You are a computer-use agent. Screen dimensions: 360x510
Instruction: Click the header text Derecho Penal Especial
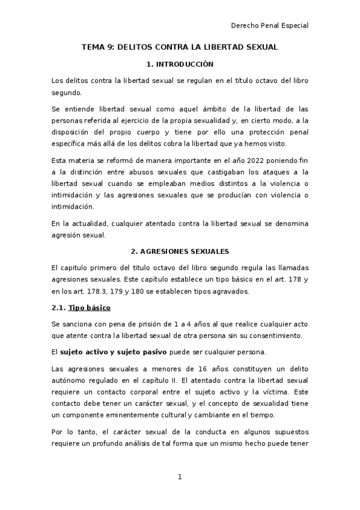tap(270, 25)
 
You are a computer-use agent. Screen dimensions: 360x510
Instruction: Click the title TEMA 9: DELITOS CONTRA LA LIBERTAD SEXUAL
tap(180, 47)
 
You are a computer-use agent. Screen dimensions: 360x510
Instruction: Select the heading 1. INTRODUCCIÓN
tap(180, 64)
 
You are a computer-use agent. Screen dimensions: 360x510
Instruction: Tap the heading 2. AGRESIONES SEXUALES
tap(180, 250)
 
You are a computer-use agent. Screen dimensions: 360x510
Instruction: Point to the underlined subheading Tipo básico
tap(90, 308)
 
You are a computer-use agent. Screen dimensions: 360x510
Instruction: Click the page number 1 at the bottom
tap(180, 477)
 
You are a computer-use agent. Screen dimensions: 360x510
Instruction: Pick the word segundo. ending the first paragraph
tap(66, 93)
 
